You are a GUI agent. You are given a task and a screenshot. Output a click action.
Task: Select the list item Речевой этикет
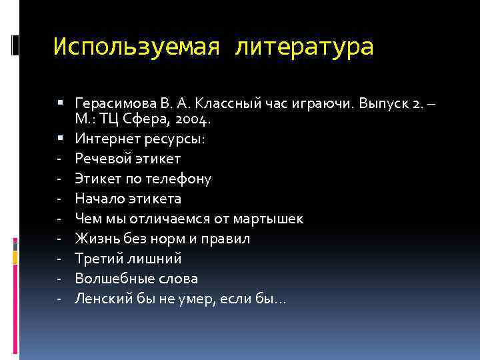tap(127, 159)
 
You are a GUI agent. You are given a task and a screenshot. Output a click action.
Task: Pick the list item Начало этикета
tap(127, 199)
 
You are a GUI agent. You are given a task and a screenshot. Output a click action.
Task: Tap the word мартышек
tap(273, 219)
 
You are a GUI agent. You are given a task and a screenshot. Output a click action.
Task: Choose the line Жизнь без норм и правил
tap(163, 239)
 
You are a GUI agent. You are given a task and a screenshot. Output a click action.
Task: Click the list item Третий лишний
tap(128, 259)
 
